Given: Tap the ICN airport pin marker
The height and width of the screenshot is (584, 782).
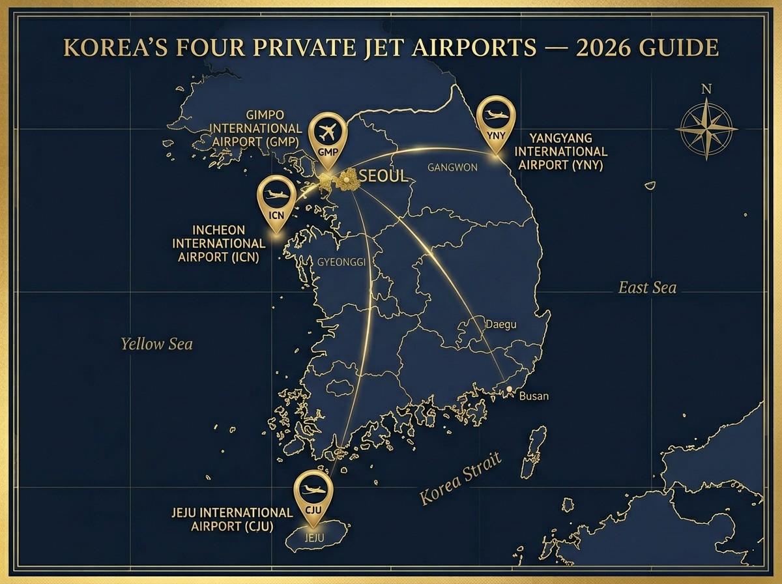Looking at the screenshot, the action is [x=277, y=199].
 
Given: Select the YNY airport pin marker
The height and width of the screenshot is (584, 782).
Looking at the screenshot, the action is [x=496, y=121].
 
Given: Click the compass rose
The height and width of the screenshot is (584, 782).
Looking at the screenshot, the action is [x=706, y=128].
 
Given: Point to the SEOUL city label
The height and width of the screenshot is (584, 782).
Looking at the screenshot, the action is [x=383, y=176].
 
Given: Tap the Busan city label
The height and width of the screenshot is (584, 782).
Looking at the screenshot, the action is [x=534, y=396].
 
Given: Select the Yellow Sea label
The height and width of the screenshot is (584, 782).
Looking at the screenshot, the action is [x=157, y=344].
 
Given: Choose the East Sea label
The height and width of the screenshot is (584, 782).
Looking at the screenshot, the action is [x=647, y=287].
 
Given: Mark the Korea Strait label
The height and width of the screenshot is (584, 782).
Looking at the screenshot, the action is [x=461, y=479].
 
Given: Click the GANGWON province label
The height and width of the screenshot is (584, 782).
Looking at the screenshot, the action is [x=452, y=168].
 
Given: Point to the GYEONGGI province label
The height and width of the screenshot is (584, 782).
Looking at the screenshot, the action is [x=341, y=262].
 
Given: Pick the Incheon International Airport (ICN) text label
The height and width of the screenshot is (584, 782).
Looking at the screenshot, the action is [x=219, y=244].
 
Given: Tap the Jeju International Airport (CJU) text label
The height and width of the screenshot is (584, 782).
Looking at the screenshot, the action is [x=232, y=519].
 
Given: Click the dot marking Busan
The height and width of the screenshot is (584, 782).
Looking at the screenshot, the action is [x=509, y=389].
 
